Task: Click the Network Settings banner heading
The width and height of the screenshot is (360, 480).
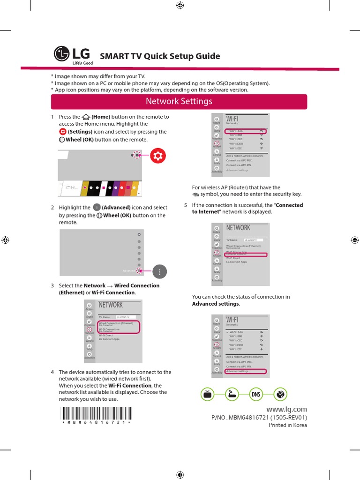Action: coord(179,101)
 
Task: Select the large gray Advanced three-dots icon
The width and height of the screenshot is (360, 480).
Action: coord(160,272)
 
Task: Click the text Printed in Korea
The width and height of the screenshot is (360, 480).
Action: coord(287,425)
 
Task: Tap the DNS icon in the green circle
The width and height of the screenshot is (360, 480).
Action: coord(256,395)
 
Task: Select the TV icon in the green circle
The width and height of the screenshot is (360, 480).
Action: coord(209,395)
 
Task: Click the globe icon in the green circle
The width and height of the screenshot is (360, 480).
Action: coord(280,395)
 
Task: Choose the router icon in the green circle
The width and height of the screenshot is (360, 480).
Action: coord(232,395)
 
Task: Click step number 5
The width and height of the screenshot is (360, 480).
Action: coord(186,205)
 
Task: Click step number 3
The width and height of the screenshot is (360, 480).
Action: coord(52,285)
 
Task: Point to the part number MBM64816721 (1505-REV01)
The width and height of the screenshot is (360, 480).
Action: coord(260,417)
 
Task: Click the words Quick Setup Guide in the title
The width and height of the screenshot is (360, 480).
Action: coord(182,56)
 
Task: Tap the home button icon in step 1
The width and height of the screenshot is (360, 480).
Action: coord(85,117)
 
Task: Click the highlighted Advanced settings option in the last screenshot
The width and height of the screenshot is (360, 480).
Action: coord(246,371)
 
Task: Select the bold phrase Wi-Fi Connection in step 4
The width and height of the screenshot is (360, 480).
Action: coord(130,385)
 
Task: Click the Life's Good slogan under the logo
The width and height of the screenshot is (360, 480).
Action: coord(82,63)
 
